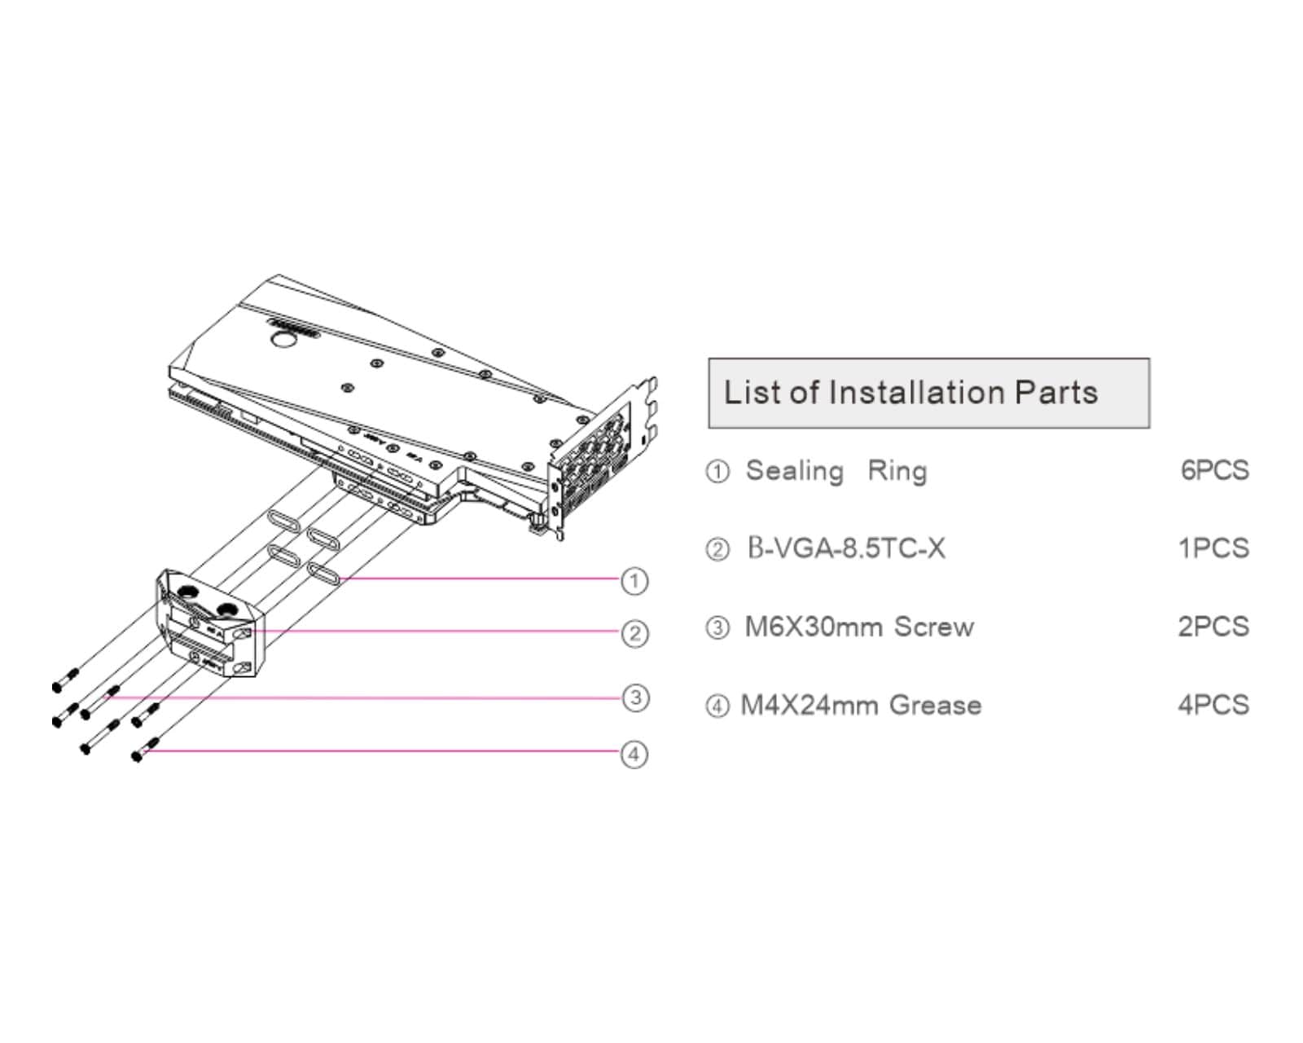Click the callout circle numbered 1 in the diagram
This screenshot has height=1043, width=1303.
point(634,581)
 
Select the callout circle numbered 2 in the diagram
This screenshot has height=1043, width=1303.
point(634,633)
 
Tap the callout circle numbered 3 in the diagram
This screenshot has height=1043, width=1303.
point(634,698)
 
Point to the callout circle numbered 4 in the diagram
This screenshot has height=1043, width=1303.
point(634,754)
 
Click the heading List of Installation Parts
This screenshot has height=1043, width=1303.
point(910,393)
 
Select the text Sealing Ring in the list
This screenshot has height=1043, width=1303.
point(836,471)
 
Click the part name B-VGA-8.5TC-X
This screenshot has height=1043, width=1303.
point(847,548)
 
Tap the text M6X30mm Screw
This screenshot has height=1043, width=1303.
point(859,627)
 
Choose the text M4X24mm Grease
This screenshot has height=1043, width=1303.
point(861,705)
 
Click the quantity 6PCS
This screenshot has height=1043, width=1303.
point(1214,470)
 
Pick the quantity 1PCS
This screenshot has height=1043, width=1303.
point(1213,548)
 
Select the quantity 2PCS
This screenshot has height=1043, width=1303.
point(1213,627)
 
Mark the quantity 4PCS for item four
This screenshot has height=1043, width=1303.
point(1213,705)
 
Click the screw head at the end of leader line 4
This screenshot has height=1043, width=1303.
point(138,757)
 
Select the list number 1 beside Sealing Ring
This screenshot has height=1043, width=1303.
point(717,472)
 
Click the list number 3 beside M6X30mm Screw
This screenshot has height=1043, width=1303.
point(717,628)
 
